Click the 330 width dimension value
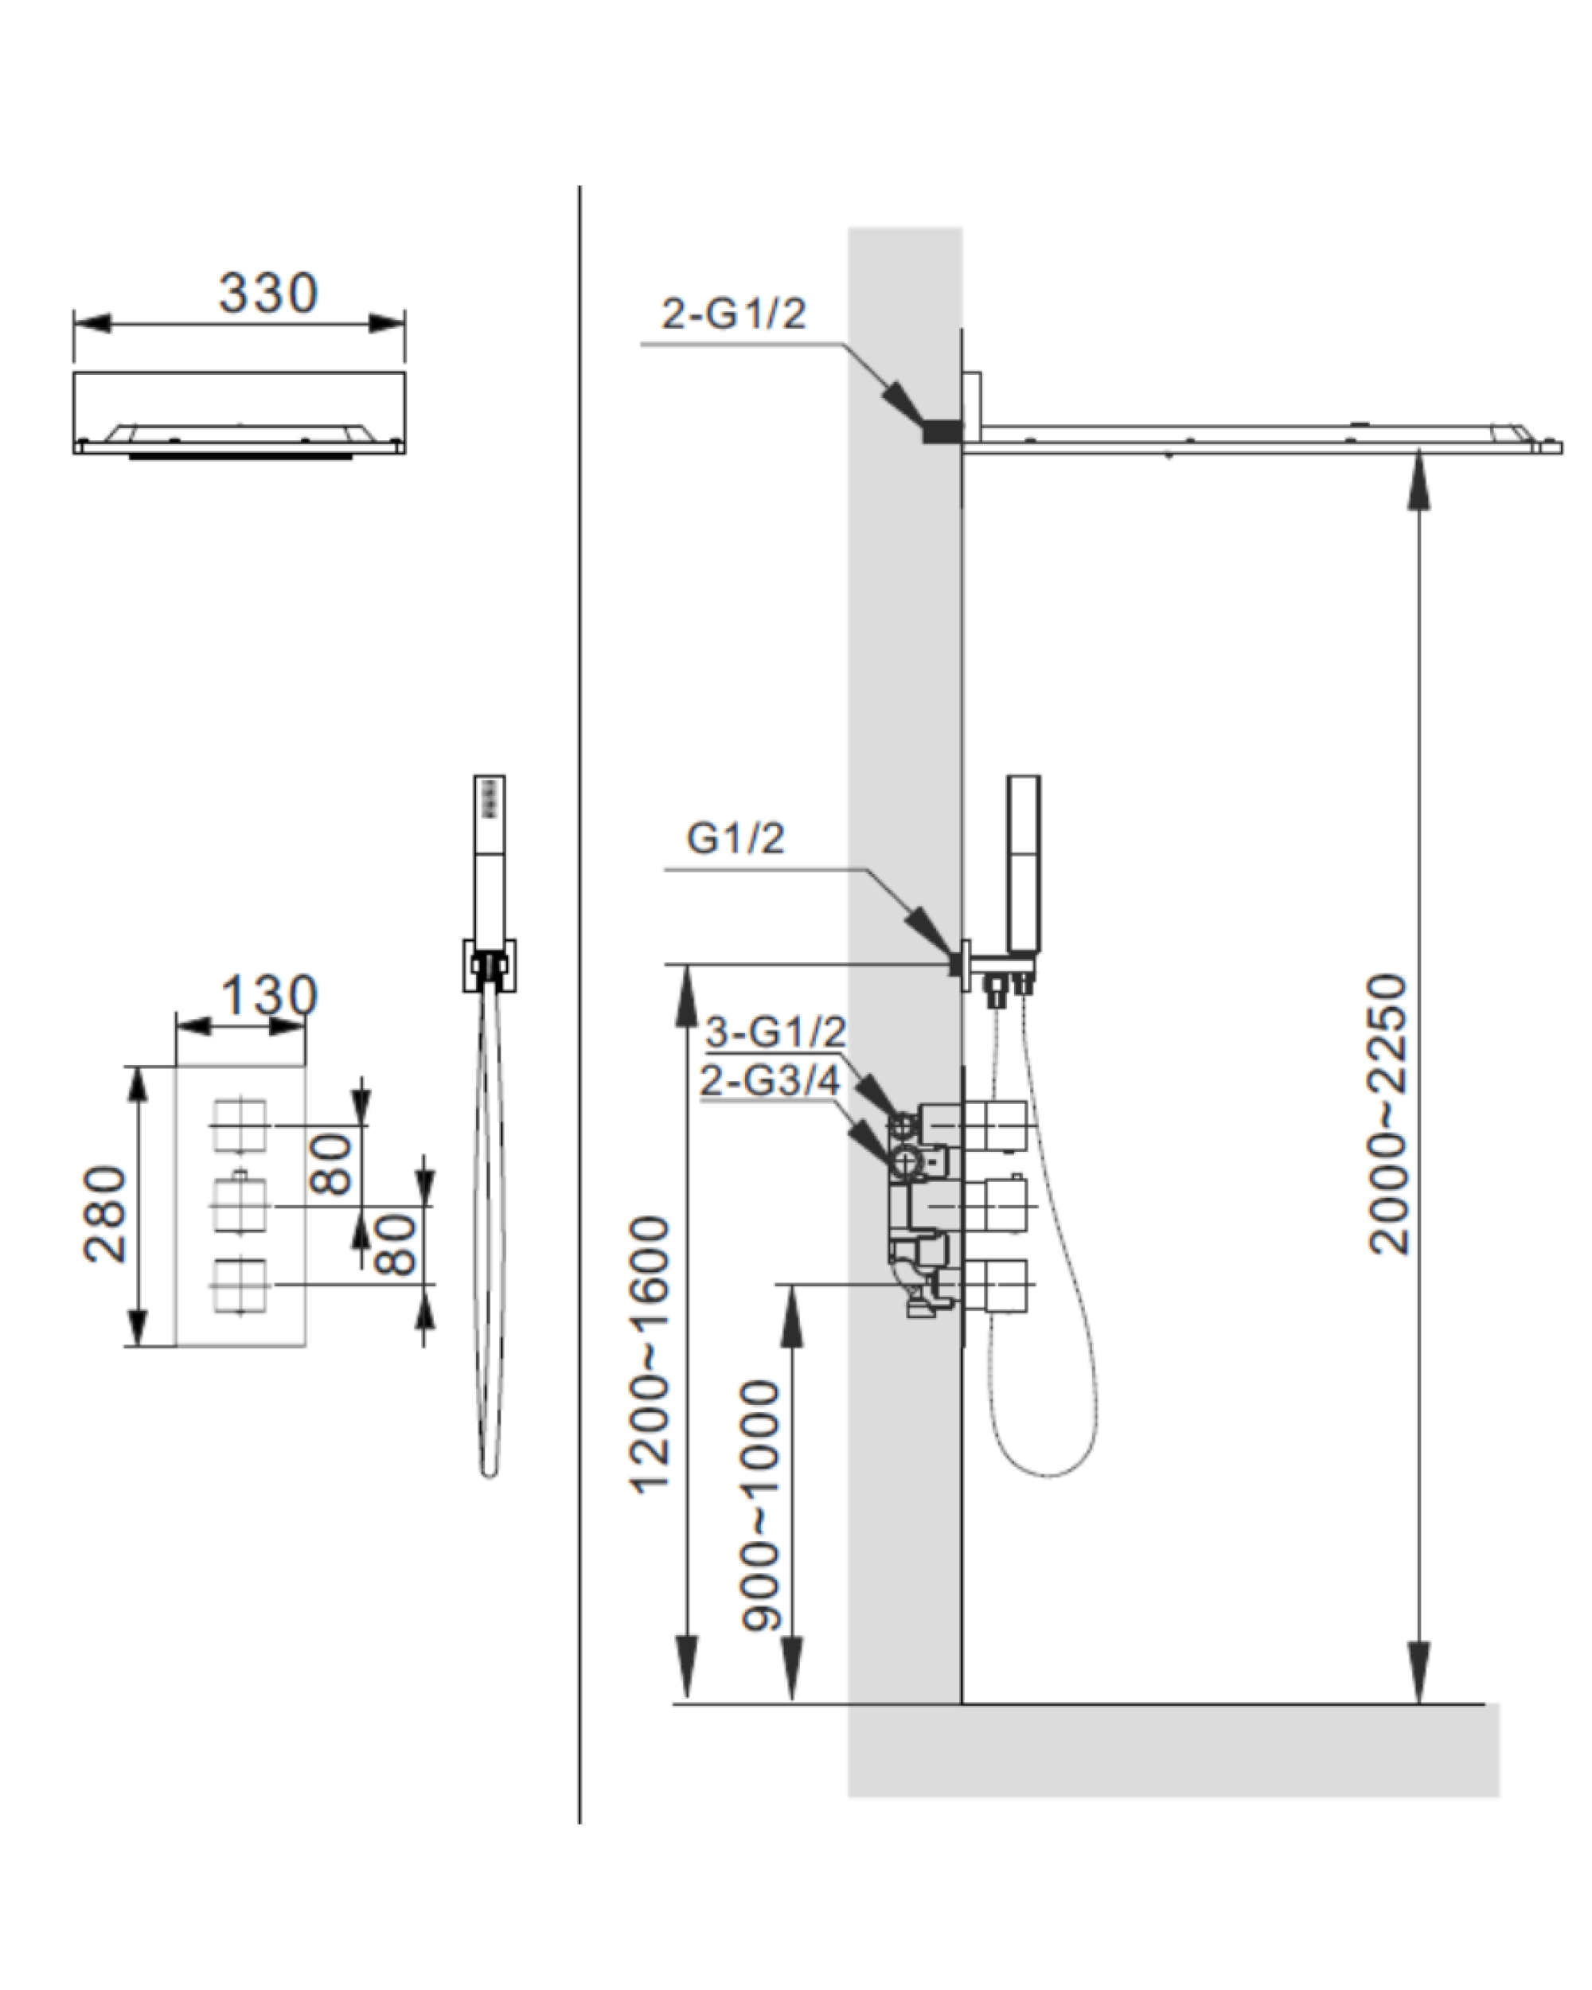[x=268, y=293]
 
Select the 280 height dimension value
[x=105, y=1214]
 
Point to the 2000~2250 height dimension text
[x=1388, y=1114]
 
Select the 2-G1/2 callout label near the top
[x=734, y=314]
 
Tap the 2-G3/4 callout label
[x=771, y=1080]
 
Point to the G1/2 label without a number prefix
[x=736, y=838]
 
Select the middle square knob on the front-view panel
[x=240, y=1204]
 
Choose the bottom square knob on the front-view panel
[x=240, y=1284]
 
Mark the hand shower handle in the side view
[x=1024, y=863]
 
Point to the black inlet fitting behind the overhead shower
[x=942, y=431]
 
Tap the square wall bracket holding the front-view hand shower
[x=489, y=966]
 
